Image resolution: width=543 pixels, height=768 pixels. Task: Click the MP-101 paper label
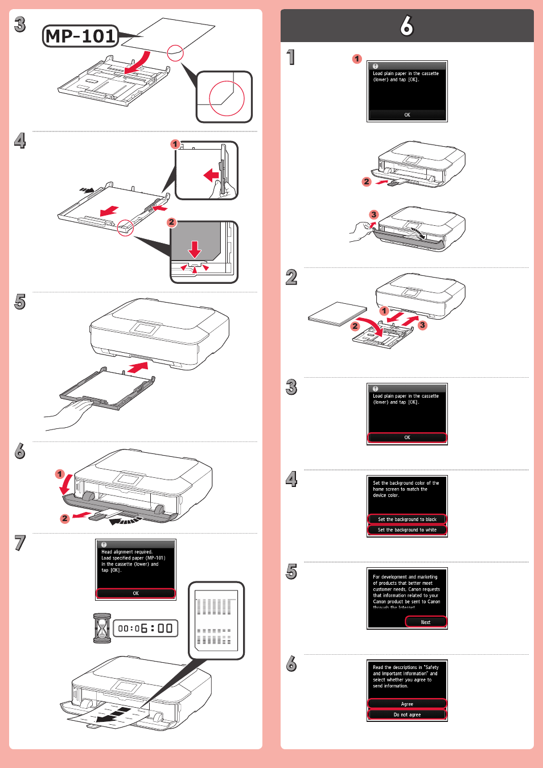[81, 36]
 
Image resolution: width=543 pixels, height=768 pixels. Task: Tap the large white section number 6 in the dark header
[406, 26]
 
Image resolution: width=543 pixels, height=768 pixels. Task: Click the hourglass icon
[102, 628]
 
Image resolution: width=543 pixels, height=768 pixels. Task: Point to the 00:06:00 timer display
[146, 628]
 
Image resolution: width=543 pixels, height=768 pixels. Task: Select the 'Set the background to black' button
[407, 519]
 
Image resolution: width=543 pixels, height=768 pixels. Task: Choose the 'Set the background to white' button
[407, 530]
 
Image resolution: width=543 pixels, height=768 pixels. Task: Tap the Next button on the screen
[426, 622]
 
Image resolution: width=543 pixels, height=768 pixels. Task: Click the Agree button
[407, 704]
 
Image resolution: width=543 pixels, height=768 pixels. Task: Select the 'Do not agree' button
[407, 715]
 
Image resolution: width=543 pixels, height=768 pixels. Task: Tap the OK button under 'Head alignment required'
[135, 593]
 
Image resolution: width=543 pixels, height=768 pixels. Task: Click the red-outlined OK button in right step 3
[407, 437]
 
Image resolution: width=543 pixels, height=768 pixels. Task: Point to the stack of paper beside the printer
[338, 313]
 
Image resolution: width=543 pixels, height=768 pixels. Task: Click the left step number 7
[20, 543]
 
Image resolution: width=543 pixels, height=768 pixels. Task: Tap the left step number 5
[20, 302]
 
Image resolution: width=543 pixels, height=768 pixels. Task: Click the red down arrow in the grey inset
[195, 249]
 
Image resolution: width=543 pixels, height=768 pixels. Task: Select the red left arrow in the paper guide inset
[211, 175]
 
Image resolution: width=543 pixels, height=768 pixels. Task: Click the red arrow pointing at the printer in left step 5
[138, 368]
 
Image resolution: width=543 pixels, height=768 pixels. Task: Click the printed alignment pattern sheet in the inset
[216, 621]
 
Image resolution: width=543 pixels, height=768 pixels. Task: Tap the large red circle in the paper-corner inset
[227, 97]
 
